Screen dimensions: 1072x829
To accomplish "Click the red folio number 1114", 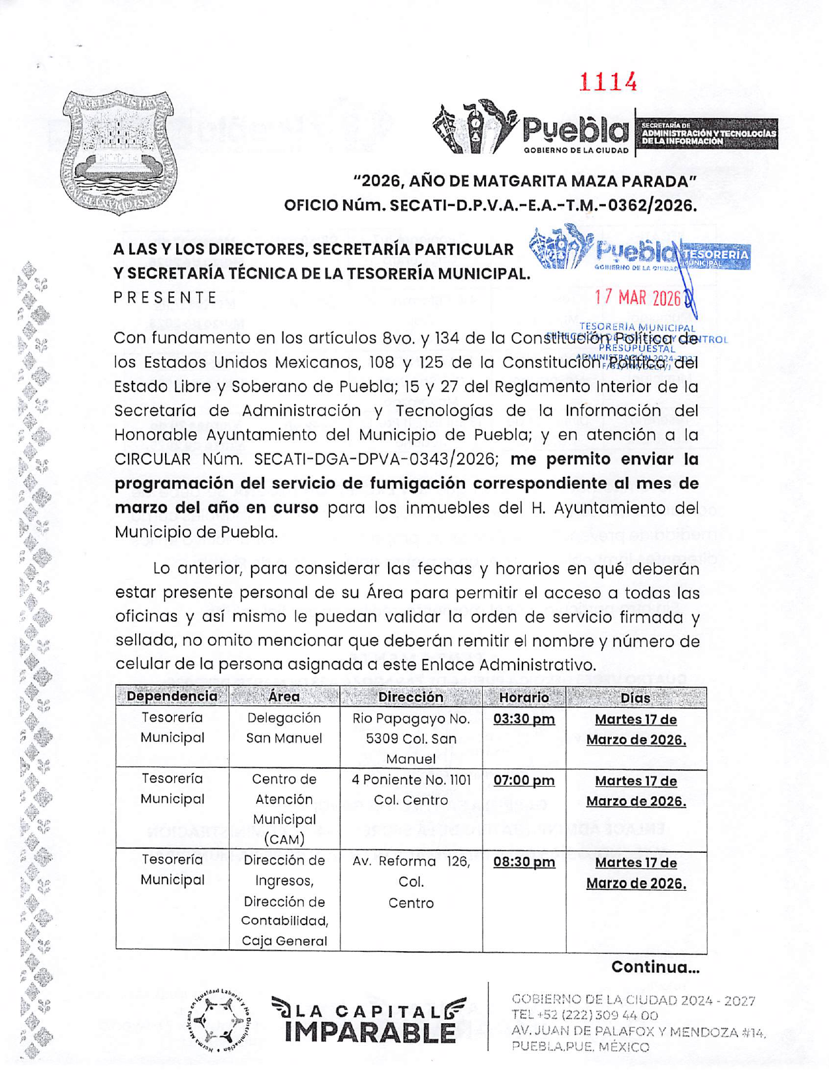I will pos(608,82).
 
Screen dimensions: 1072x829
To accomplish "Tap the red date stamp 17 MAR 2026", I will pos(637,298).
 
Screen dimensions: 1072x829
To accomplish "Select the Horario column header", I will pos(524,697).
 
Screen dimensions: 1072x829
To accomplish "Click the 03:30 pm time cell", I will pos(524,719).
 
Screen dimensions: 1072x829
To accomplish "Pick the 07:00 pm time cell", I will pos(524,780).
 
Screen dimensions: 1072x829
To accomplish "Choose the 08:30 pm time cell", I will pos(524,862).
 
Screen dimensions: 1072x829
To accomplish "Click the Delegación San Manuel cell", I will pos(284,728).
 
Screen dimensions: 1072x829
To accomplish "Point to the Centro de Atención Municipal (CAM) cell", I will pos(284,809).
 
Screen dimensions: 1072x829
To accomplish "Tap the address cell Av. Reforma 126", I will pos(411,881).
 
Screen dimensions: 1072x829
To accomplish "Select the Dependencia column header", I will pos(172,696).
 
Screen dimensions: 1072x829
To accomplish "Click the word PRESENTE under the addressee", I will pos(165,298).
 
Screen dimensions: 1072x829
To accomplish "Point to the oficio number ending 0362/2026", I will pos(490,206).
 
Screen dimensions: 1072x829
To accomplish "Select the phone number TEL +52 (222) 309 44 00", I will pos(584,1015).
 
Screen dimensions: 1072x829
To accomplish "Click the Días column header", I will pos(635,697).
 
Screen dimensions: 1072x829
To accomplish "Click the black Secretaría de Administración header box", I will pos(707,134).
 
